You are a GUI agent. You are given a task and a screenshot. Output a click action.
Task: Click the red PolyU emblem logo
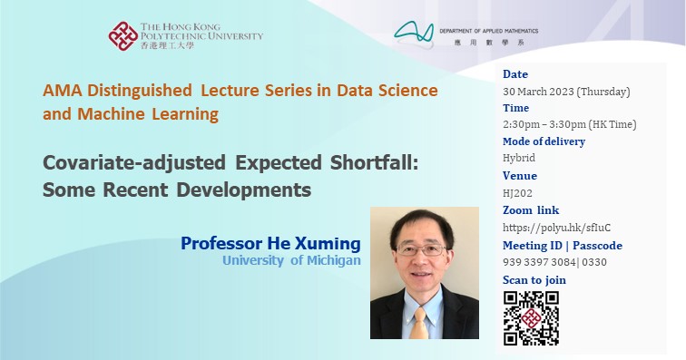[x=123, y=36]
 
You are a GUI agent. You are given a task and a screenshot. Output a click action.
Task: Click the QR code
[x=531, y=317]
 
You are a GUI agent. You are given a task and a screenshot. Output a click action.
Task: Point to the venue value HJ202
[x=517, y=193]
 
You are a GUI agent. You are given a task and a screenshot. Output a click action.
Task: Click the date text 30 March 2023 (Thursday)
[x=565, y=91]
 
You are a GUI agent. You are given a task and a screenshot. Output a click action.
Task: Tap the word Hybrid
[x=518, y=159]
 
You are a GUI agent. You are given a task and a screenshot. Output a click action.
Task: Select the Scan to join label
[x=534, y=280]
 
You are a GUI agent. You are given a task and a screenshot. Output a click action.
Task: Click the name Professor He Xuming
[x=270, y=244]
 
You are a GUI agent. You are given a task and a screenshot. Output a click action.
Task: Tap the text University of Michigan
[x=291, y=261]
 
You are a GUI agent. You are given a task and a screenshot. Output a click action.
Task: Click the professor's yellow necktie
[x=418, y=323]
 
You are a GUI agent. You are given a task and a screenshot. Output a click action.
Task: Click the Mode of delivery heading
[x=544, y=141]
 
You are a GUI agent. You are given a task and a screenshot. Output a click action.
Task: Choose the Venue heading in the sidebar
[x=520, y=176]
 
